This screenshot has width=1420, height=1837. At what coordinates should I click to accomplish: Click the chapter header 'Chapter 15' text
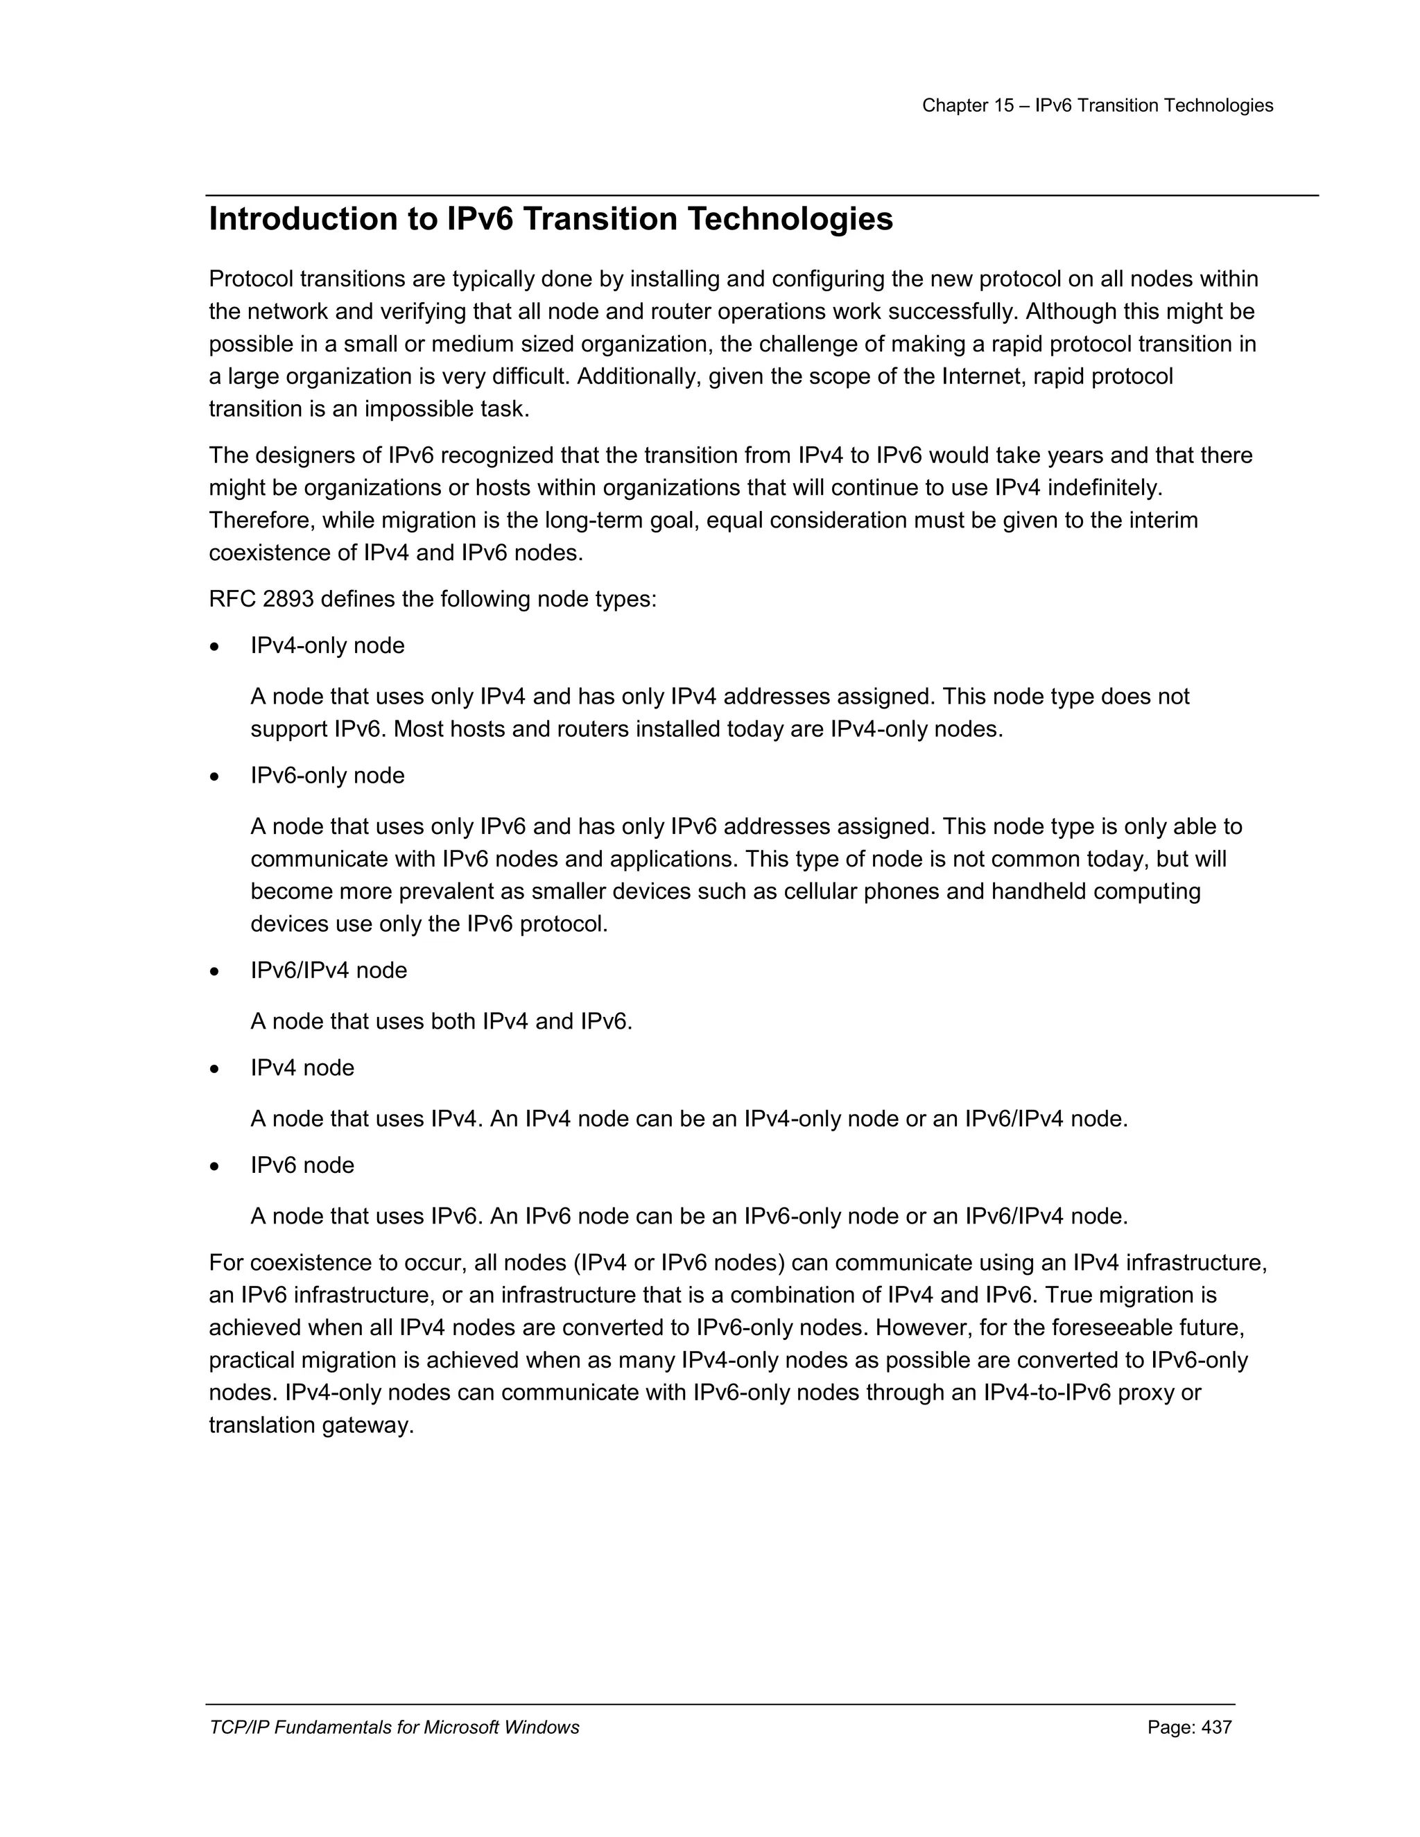[x=967, y=105]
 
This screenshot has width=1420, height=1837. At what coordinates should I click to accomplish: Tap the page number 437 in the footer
[x=1216, y=1727]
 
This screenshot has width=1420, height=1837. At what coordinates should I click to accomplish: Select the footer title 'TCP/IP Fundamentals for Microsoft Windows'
[x=394, y=1727]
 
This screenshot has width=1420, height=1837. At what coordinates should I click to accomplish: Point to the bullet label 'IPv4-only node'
[x=327, y=646]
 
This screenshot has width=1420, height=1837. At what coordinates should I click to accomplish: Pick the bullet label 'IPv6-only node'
[x=327, y=776]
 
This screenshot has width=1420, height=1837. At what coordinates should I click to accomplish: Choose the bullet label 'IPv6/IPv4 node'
[x=328, y=970]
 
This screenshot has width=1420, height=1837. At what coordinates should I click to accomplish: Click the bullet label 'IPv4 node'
[x=302, y=1068]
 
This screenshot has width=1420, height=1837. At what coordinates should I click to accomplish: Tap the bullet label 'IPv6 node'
[x=302, y=1166]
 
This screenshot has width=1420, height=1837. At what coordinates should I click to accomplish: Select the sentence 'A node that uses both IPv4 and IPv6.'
[x=441, y=1022]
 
